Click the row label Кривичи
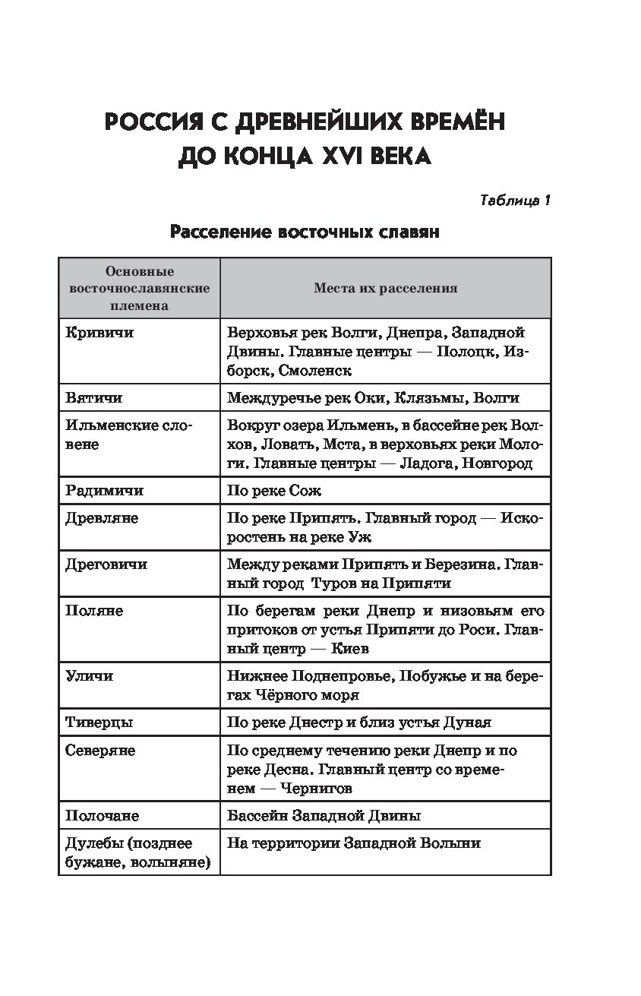coord(99,333)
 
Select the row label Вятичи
coord(93,397)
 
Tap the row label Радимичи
coord(104,491)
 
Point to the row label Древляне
coord(102,518)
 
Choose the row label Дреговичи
coord(106,564)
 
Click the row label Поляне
coord(94,611)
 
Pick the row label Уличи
coord(90,675)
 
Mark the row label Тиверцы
coord(99,722)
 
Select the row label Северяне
coord(100,750)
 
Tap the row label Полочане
coord(103,815)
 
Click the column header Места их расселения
coord(385,289)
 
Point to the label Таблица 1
coord(515,201)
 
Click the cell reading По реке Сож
coord(274,491)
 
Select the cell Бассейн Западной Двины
coord(324,815)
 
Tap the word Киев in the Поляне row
coord(352,650)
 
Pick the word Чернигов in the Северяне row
coord(317,789)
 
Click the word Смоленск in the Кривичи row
coord(315,372)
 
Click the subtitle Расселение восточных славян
coord(305,232)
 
